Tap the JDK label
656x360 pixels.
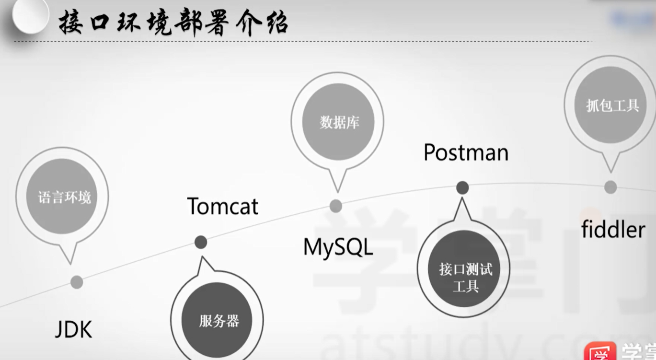click(x=73, y=330)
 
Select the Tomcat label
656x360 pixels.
click(x=223, y=206)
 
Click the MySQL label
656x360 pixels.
click(x=338, y=247)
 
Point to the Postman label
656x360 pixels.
click(x=466, y=152)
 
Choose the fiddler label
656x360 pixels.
click(x=613, y=230)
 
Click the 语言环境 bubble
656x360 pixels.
click(x=64, y=197)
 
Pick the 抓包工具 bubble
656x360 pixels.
click(x=612, y=105)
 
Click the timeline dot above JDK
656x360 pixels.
click(x=77, y=282)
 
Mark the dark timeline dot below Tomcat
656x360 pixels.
click(x=201, y=243)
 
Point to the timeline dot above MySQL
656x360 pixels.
click(x=336, y=206)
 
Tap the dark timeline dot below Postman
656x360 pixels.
click(x=462, y=188)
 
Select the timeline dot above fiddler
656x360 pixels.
click(x=610, y=187)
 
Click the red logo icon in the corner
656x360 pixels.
click(x=599, y=352)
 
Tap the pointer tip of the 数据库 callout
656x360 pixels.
click(x=337, y=191)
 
